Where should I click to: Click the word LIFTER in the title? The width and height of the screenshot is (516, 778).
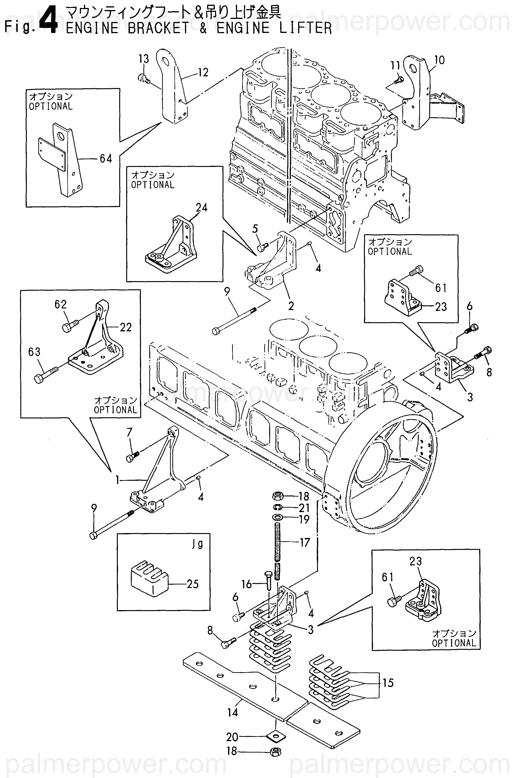point(305,28)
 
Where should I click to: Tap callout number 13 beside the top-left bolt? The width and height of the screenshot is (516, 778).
point(143,59)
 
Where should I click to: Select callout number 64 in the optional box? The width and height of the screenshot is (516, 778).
point(106,159)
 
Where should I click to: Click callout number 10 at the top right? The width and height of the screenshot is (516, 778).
point(439,60)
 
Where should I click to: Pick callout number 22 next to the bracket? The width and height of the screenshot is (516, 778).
point(125,327)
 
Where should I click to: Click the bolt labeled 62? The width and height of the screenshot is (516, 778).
point(69,326)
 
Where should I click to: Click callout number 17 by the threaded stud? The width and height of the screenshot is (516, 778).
point(305,542)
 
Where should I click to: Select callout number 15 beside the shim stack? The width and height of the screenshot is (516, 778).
point(388,683)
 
